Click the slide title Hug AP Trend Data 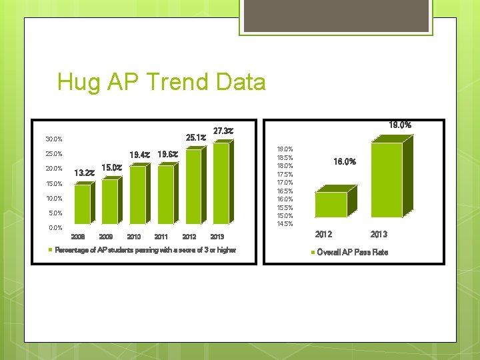point(161,83)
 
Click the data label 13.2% point(84,173)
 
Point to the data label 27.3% point(223,131)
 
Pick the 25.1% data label point(195,138)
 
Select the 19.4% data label point(139,155)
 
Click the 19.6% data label point(167,155)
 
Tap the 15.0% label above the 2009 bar point(111,167)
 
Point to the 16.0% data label point(345,161)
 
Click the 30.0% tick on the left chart point(54,139)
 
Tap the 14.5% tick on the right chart point(285,223)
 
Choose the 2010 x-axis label point(133,237)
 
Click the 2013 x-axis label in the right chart point(379,234)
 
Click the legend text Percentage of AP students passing point(145,250)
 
